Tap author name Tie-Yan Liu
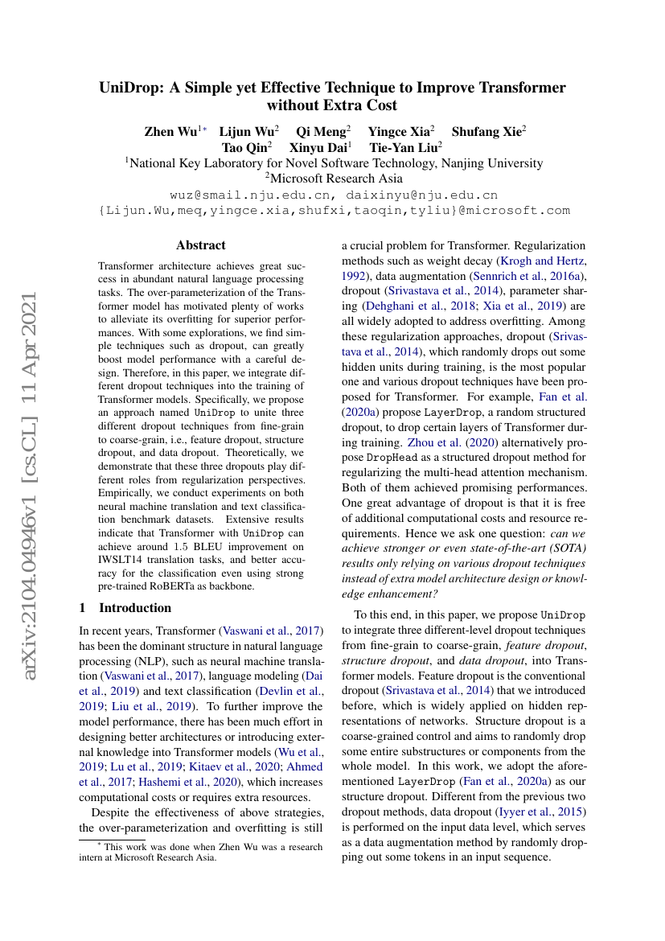tap(400, 147)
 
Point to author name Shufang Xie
tap(486, 131)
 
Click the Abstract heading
tap(201, 245)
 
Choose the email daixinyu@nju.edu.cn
tap(421, 195)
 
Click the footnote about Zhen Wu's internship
tap(201, 853)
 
